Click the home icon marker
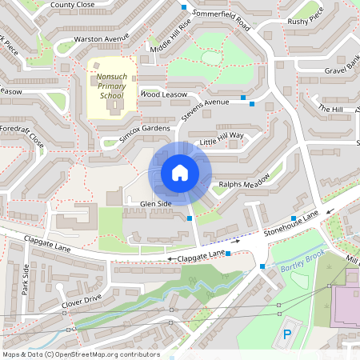click(x=179, y=173)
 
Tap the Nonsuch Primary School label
click(x=110, y=86)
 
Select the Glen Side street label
click(x=155, y=204)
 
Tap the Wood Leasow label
click(x=162, y=94)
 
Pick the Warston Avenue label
click(x=101, y=38)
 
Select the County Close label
click(x=72, y=5)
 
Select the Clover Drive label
click(x=82, y=301)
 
